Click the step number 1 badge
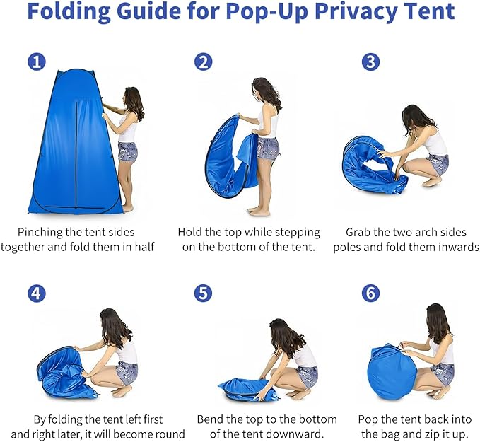(x=37, y=62)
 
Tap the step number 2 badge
(x=204, y=62)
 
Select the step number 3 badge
(x=370, y=62)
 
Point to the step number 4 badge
(x=37, y=293)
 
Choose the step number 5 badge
(x=204, y=293)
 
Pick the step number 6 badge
(x=370, y=293)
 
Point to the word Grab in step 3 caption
(x=359, y=232)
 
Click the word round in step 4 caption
(x=170, y=434)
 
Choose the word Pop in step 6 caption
(x=368, y=419)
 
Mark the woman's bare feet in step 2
(x=259, y=211)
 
